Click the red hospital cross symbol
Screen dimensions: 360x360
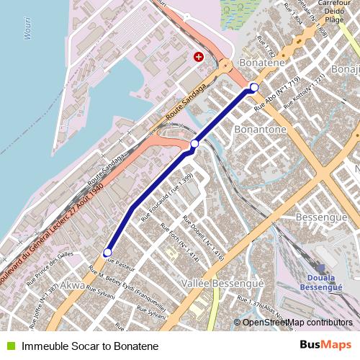click(x=199, y=56)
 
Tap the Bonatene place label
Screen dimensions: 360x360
click(x=262, y=63)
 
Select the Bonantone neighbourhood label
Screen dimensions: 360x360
click(x=261, y=130)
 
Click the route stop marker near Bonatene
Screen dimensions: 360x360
click(x=253, y=88)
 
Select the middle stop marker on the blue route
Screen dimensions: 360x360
click(x=194, y=145)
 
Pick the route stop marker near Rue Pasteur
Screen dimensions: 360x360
click(x=107, y=253)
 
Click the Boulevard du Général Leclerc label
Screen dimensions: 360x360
click(x=50, y=230)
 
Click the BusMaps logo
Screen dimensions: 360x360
click(x=325, y=346)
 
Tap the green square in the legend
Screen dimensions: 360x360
click(x=11, y=346)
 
